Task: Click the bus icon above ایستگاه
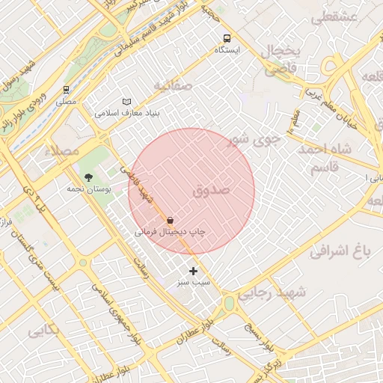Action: (x=227, y=38)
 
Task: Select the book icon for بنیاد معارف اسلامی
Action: (x=126, y=102)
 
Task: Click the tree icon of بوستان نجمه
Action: (x=90, y=177)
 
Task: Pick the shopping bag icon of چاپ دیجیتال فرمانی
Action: (x=171, y=221)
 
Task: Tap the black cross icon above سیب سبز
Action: (x=194, y=271)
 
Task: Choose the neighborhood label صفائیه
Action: (x=173, y=86)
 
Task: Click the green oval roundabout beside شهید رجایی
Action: (x=229, y=304)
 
